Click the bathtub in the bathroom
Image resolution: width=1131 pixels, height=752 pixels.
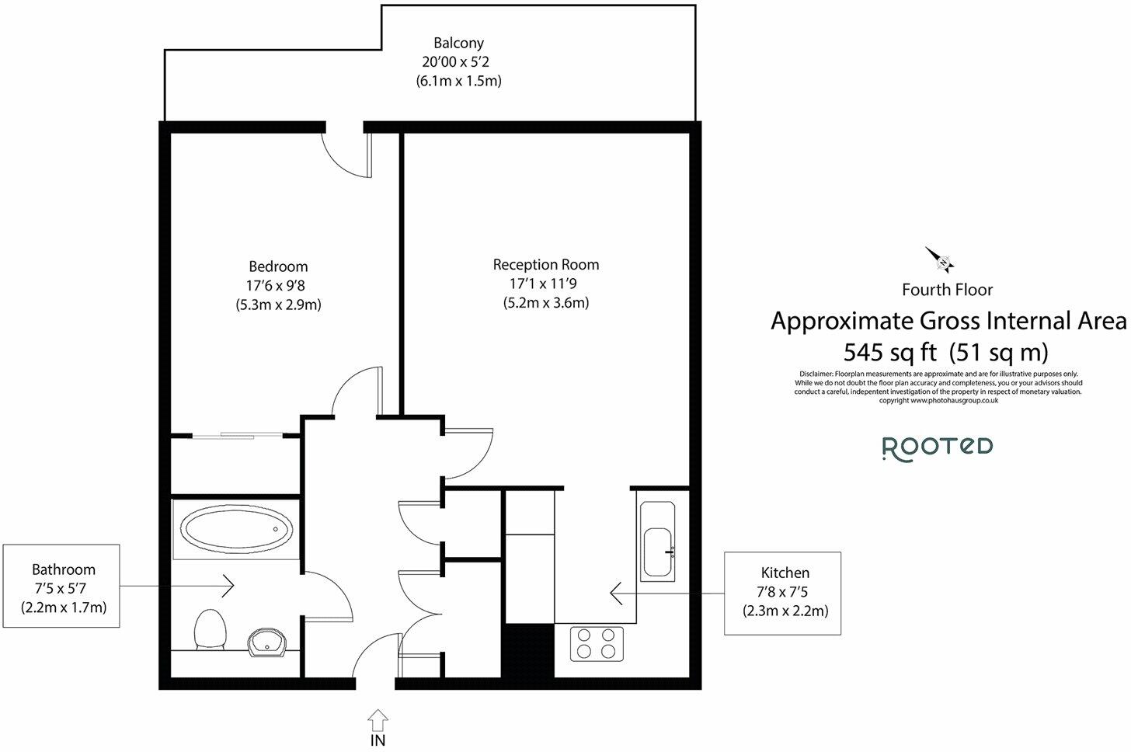pos(236,529)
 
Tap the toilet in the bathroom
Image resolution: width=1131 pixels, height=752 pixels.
pos(210,629)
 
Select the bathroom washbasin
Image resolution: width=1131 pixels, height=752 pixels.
pos(267,642)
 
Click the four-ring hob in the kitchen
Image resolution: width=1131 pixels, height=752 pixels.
pos(597,643)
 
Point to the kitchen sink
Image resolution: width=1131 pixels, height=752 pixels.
pos(657,541)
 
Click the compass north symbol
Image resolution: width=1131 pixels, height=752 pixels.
pos(940,259)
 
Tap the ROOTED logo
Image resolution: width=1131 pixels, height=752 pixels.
pos(938,448)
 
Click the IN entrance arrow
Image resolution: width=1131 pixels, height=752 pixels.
pos(378,720)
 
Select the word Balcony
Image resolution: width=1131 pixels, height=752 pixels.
pos(458,43)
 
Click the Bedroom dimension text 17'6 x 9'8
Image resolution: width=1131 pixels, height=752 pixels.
pos(276,286)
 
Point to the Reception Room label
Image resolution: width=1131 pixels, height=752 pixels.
pos(546,265)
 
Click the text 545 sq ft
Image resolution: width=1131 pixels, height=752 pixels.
pos(889,352)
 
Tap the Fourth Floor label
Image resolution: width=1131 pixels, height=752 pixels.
pos(947,290)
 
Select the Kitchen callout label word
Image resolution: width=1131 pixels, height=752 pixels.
pos(785,573)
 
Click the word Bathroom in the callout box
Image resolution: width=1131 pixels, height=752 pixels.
pos(64,569)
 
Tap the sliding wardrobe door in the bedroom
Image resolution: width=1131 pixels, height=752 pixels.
pos(238,435)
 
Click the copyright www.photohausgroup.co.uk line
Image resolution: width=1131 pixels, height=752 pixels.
pos(938,401)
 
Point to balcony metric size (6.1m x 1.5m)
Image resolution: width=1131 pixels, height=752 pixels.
pos(458,81)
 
